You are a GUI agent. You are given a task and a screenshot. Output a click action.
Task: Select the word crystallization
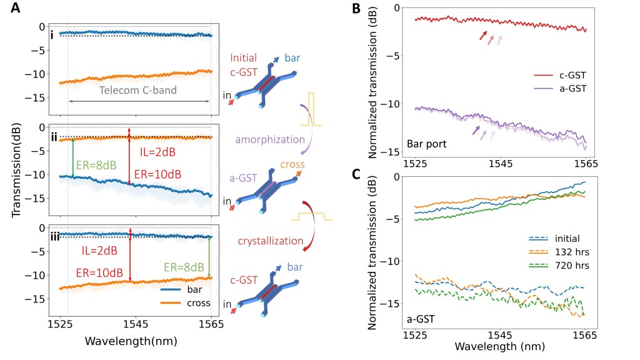[266, 241]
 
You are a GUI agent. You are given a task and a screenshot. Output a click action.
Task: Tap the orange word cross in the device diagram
[293, 165]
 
